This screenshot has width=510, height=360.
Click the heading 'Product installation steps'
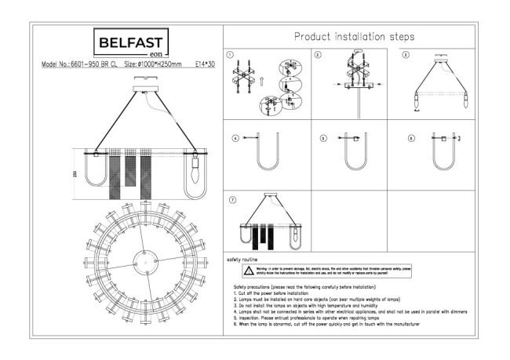(354, 37)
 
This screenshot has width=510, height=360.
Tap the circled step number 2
(318, 56)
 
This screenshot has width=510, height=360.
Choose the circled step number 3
(406, 56)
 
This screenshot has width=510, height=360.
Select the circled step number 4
(235, 139)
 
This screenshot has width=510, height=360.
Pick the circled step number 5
(322, 139)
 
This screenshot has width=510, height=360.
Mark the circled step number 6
(411, 139)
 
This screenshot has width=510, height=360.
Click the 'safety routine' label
(242, 258)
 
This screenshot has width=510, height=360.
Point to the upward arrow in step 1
(261, 80)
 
